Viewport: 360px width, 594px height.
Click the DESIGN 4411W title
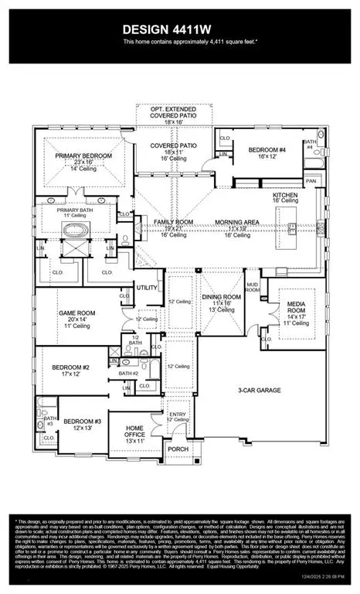click(179, 29)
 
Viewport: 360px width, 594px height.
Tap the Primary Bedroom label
click(83, 155)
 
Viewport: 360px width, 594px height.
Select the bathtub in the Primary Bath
click(76, 230)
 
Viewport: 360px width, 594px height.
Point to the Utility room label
click(147, 287)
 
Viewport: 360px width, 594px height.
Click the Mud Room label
click(253, 288)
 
